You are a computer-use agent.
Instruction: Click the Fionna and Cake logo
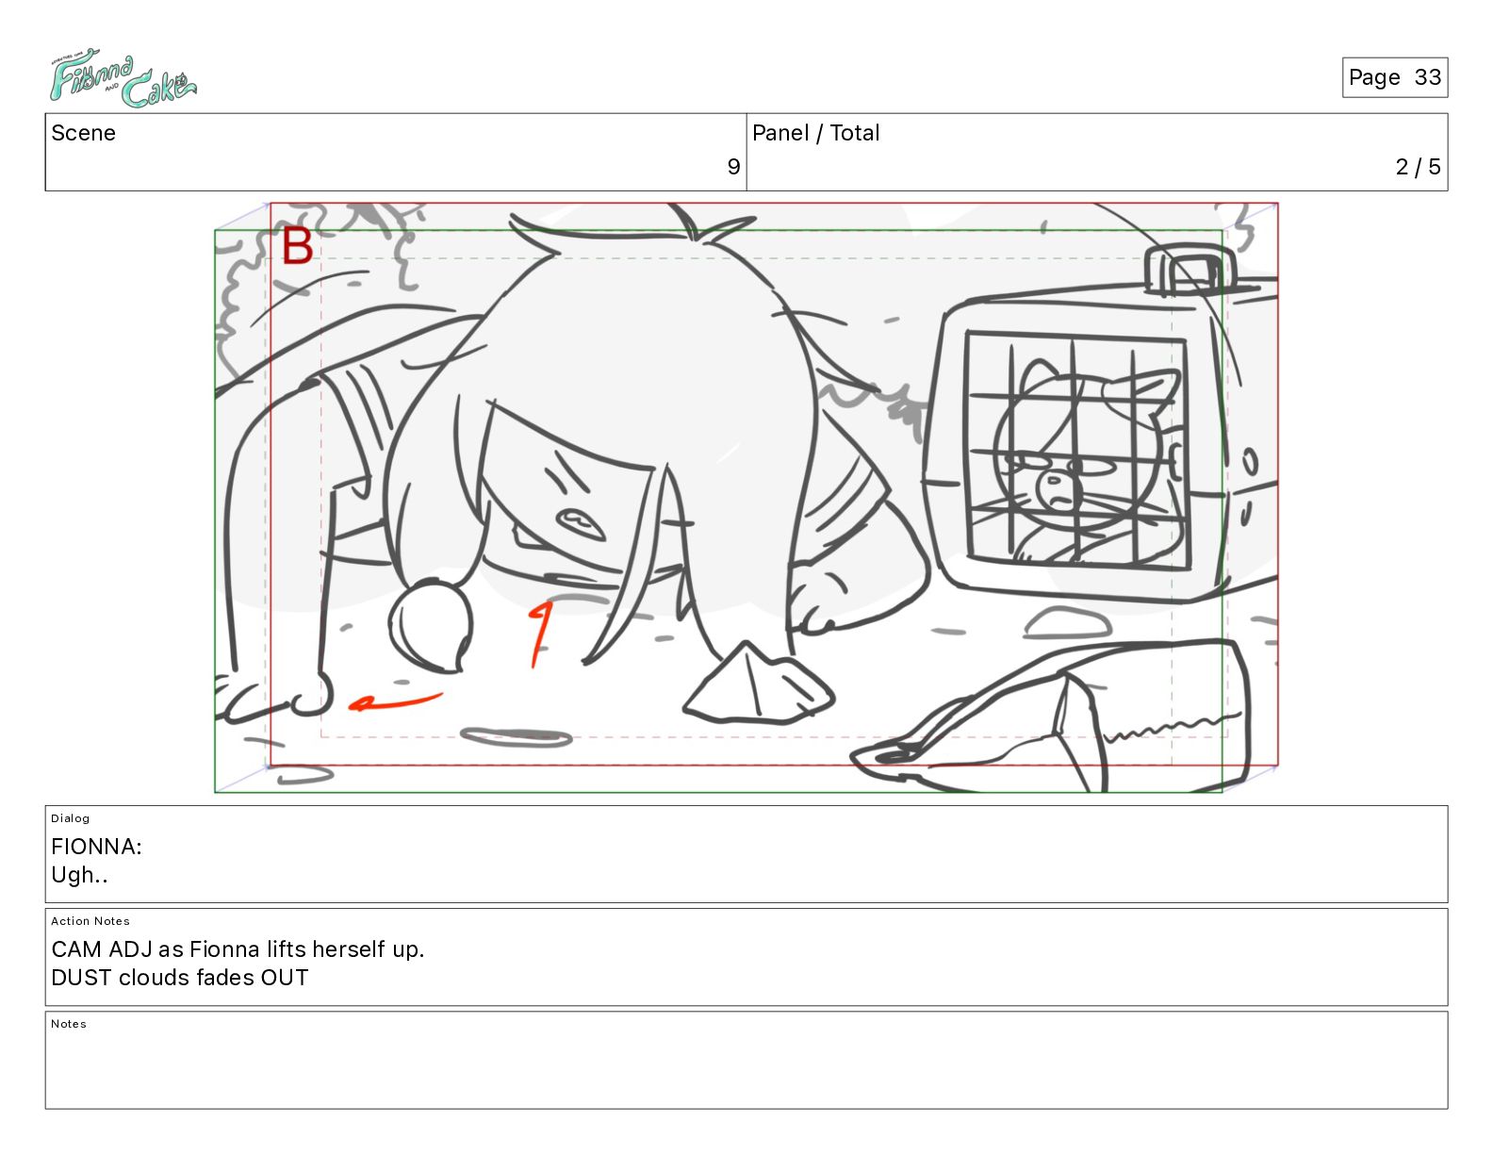click(x=123, y=77)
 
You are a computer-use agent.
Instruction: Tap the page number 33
click(x=1427, y=77)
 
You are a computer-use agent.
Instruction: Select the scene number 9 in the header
click(x=733, y=166)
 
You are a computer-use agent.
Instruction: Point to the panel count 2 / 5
click(x=1418, y=166)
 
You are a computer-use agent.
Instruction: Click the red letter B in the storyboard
click(x=298, y=245)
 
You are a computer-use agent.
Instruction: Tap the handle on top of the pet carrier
click(x=1189, y=270)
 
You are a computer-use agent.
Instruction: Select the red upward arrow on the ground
click(x=540, y=635)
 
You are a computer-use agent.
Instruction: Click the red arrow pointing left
click(x=395, y=701)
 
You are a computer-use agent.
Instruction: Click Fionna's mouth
click(x=582, y=523)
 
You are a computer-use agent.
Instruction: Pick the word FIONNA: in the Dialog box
click(x=96, y=846)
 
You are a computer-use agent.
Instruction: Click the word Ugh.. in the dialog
click(x=79, y=875)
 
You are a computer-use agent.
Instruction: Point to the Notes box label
click(x=69, y=1023)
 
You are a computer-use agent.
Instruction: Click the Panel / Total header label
click(x=815, y=133)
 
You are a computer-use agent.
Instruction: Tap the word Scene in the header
click(x=83, y=133)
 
